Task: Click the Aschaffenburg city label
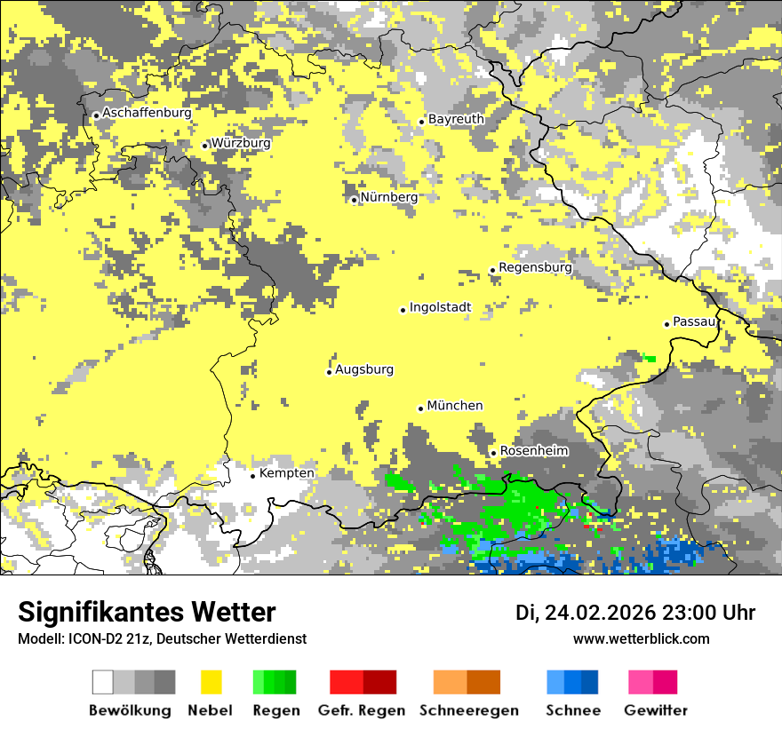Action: coord(147,114)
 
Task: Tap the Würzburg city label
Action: coord(241,143)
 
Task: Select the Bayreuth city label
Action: coord(456,119)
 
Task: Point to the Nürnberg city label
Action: coord(388,197)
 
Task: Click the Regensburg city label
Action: coord(535,267)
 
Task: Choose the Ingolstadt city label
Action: coord(440,308)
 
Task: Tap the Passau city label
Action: coord(694,321)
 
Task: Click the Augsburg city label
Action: coord(363,369)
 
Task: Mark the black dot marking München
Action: coord(421,408)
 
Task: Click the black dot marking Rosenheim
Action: coord(494,454)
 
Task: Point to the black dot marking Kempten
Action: coord(253,476)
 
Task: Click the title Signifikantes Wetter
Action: coord(147,612)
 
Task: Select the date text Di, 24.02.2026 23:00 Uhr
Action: coord(634,613)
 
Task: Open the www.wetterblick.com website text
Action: coord(641,638)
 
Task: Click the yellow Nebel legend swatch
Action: coord(211,682)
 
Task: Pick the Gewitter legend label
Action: coord(655,710)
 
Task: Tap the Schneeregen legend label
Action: coord(469,710)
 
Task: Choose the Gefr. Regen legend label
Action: coord(361,710)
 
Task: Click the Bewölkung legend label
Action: coord(130,710)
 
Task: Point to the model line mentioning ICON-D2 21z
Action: coord(162,639)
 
